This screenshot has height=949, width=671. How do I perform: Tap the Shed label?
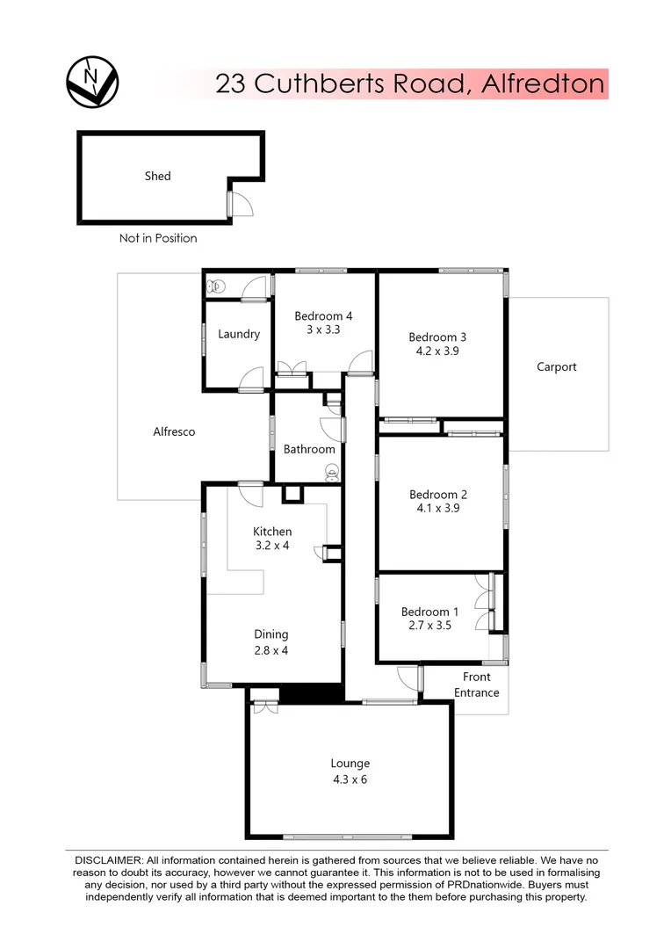click(x=158, y=176)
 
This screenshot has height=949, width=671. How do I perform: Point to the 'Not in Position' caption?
click(x=158, y=238)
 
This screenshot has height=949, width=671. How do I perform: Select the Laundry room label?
click(x=239, y=334)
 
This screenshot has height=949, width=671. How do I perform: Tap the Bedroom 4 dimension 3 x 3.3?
click(x=323, y=330)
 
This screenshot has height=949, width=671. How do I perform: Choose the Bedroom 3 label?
click(x=437, y=337)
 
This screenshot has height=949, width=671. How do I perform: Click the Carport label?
click(x=557, y=366)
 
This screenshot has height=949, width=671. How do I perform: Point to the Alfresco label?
click(x=174, y=431)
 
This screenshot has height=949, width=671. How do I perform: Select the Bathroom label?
click(x=309, y=449)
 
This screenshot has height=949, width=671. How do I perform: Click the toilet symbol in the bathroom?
click(x=332, y=473)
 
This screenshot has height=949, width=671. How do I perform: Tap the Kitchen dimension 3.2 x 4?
click(x=272, y=546)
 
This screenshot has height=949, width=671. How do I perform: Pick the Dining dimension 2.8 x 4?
click(x=271, y=650)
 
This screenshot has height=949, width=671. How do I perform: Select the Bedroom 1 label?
click(x=429, y=612)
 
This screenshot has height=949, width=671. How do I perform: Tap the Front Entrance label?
click(x=477, y=685)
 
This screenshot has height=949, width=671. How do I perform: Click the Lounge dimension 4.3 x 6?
click(x=350, y=779)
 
